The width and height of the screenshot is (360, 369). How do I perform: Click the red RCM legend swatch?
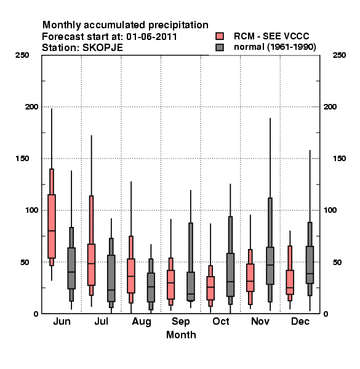pyautogui.click(x=220, y=36)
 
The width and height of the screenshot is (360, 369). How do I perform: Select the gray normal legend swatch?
pyautogui.click(x=220, y=47)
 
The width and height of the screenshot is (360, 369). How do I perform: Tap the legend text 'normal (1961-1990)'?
pyautogui.click(x=274, y=47)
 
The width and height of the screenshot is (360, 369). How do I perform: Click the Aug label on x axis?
pyautogui.click(x=142, y=322)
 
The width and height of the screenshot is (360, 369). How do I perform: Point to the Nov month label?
pyautogui.click(x=260, y=321)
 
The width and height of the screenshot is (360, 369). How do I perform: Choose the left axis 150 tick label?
pyautogui.click(x=22, y=159)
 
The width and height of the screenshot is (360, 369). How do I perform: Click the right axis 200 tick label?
pyautogui.click(x=330, y=106)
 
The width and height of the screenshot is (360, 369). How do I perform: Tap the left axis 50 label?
pyautogui.click(x=25, y=262)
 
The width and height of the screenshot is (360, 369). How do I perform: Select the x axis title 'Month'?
pyautogui.click(x=181, y=335)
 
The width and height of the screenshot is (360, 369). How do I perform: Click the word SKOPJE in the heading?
pyautogui.click(x=102, y=48)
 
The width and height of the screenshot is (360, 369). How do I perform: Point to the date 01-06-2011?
pyautogui.click(x=151, y=37)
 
